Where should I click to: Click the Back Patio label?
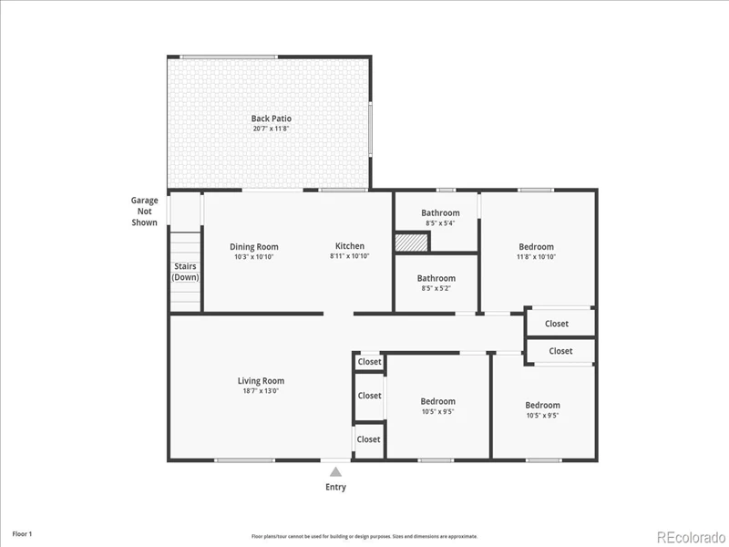coord(272,119)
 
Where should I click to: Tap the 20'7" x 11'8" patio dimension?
coord(272,129)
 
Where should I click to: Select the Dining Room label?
coord(254,247)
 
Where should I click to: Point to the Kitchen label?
coord(350,246)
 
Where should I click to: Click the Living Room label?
coord(261,381)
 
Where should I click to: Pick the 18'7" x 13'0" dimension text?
coord(261,391)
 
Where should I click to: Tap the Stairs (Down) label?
coord(185,272)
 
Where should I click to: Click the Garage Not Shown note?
coord(144,212)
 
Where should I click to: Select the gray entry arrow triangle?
coord(335,472)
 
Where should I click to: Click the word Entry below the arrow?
coord(335,487)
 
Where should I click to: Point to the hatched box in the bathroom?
coord(412,243)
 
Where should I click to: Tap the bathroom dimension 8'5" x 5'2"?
coord(436,288)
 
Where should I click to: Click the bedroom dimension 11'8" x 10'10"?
coord(537,257)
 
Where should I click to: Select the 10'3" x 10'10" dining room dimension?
coord(254,257)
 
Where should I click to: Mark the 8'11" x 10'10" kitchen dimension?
coord(350,256)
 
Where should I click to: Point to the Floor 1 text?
coord(22,534)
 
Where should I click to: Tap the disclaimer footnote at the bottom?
coord(364,536)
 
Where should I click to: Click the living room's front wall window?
coord(244,460)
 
